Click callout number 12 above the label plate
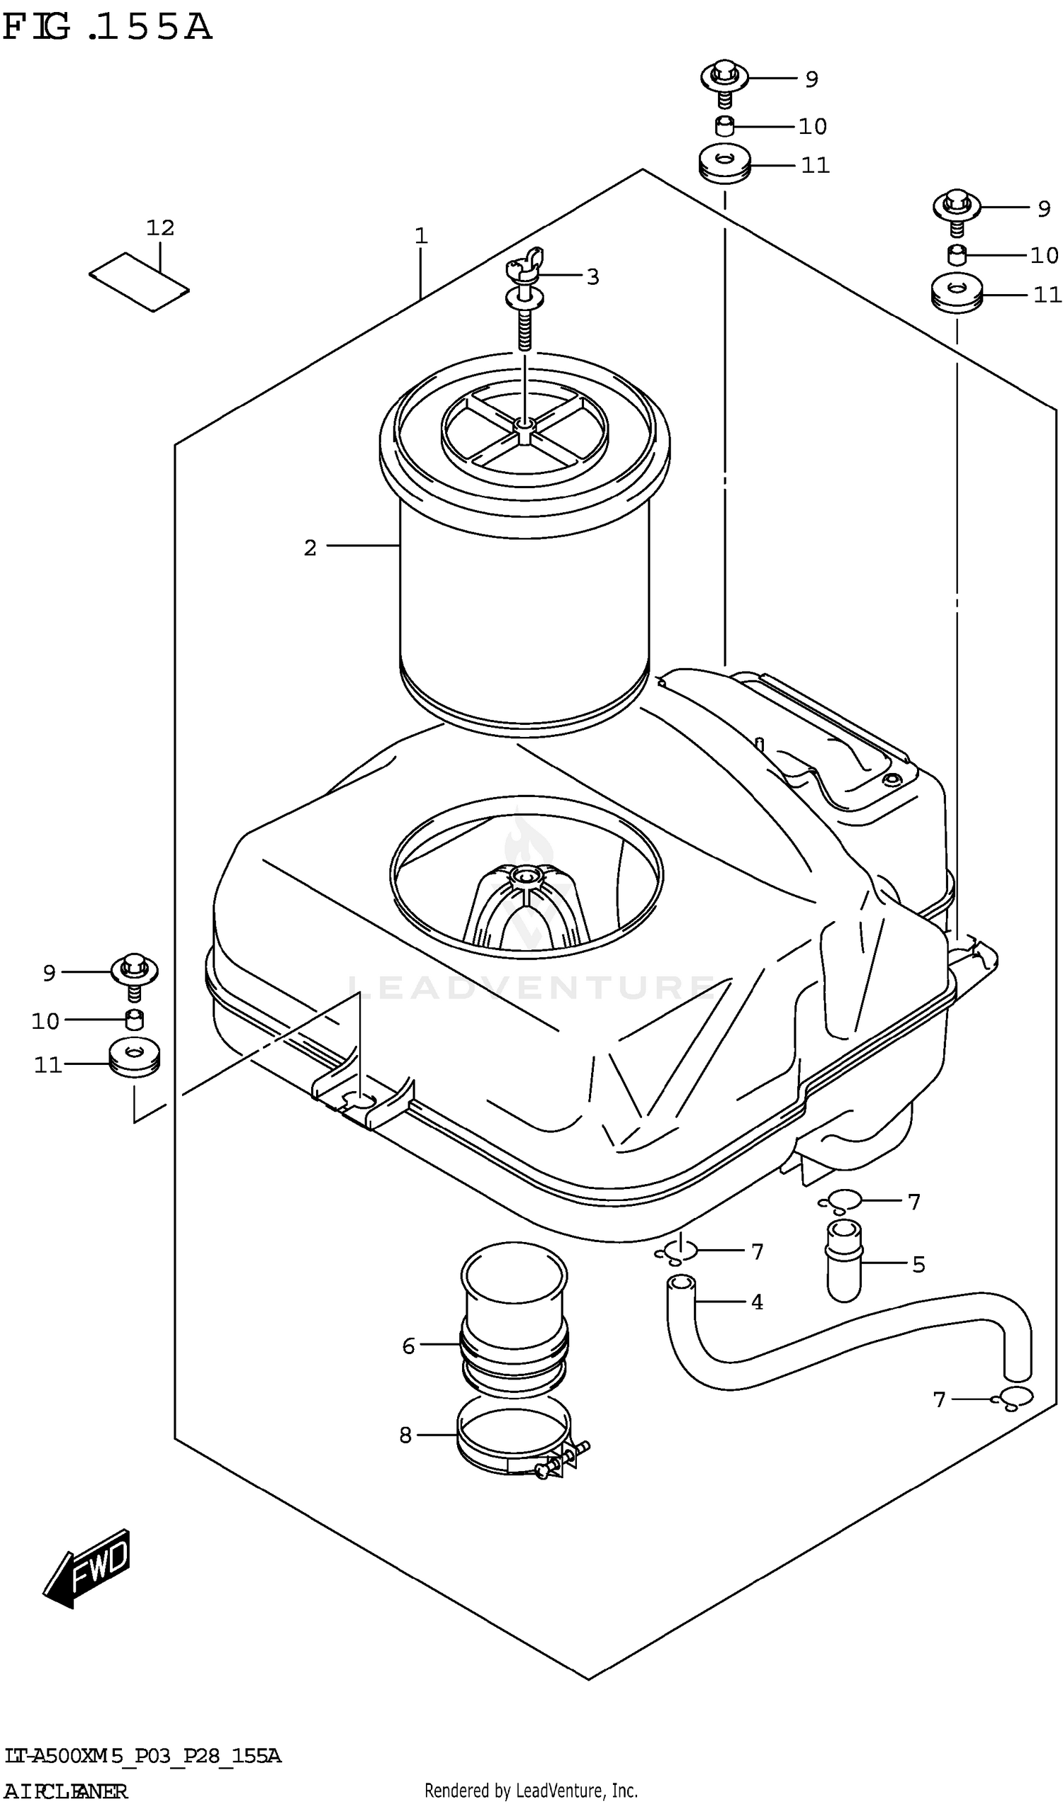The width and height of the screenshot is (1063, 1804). click(x=159, y=227)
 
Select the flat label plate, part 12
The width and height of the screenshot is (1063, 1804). click(x=139, y=282)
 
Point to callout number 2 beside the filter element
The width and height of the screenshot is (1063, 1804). click(x=310, y=548)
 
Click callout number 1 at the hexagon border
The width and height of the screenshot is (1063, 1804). click(x=421, y=236)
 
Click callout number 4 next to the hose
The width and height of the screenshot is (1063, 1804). click(x=756, y=1302)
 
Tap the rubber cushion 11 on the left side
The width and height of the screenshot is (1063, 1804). click(x=134, y=1059)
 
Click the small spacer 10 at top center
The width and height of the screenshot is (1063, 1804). click(x=725, y=127)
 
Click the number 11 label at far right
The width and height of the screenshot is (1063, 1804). click(x=1047, y=294)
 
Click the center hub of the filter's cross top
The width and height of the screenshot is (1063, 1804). click(x=524, y=427)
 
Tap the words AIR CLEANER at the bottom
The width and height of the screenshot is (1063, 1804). click(x=66, y=1791)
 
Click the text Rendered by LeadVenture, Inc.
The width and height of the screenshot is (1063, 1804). click(x=531, y=1791)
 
